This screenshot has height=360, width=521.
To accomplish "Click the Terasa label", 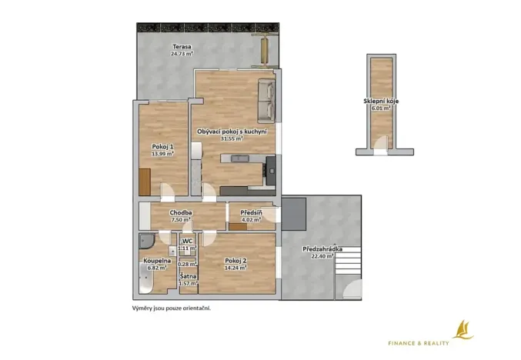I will tap(182, 47).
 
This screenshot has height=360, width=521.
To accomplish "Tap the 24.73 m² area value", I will tap(182, 55).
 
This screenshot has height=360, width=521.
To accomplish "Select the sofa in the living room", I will tap(266, 100).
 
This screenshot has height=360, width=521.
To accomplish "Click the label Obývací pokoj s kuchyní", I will tap(232, 132).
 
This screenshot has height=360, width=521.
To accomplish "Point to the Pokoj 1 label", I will tap(162, 146).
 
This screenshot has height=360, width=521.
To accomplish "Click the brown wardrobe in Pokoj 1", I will tap(145, 182).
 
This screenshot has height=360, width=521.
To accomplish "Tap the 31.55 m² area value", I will tap(232, 139).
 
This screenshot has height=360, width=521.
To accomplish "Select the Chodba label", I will tap(181, 212).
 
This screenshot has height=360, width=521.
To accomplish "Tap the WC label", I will tap(188, 242).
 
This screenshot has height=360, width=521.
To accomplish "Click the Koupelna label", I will tap(156, 262).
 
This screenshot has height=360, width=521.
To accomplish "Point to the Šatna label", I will tap(188, 276).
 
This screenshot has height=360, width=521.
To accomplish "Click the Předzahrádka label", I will tap(322, 250).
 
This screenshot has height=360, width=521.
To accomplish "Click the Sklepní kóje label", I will tap(381, 102).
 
